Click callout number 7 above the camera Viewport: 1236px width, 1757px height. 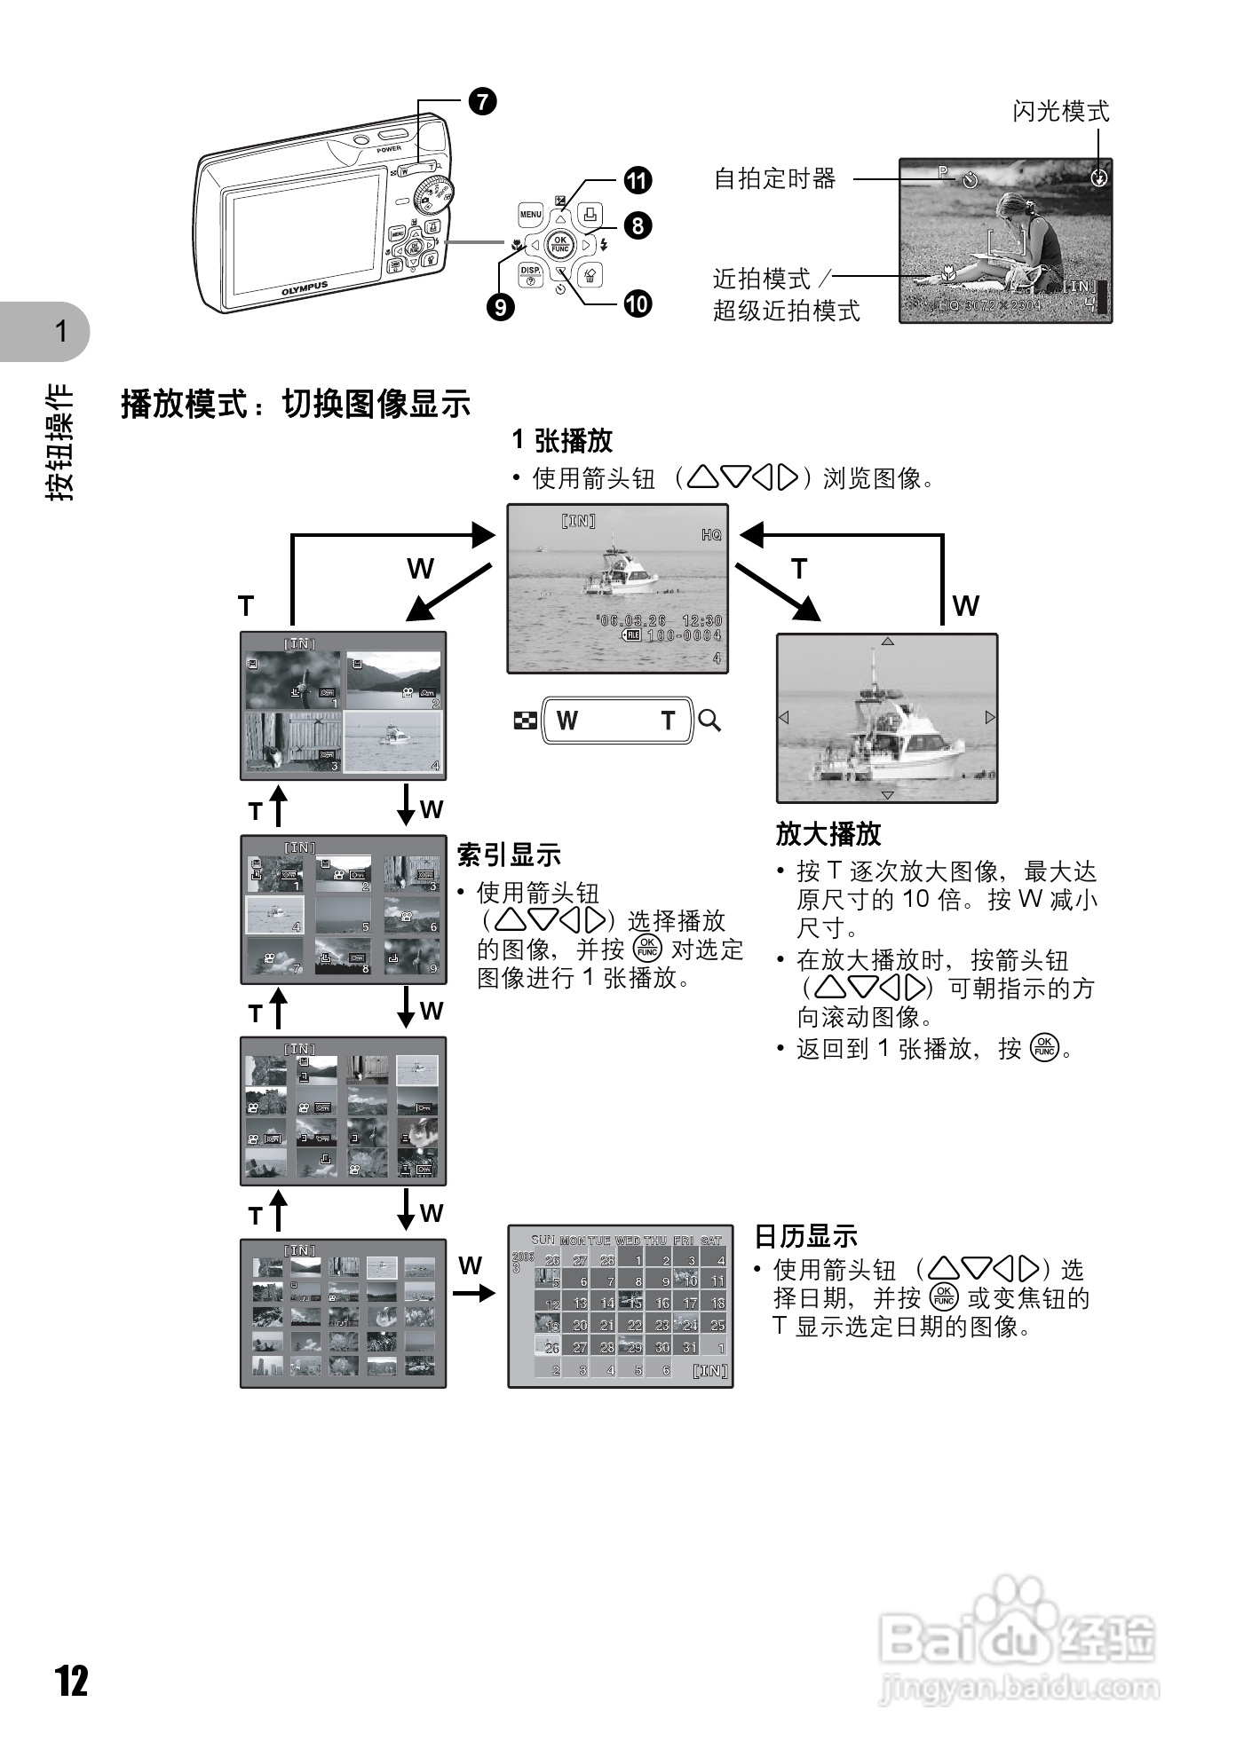(x=482, y=102)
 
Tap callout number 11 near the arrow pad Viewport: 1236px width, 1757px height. (x=638, y=180)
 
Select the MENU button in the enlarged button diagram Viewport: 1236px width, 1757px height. (x=530, y=215)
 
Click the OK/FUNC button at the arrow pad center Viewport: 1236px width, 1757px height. (x=560, y=244)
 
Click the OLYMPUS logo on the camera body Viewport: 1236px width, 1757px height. (x=305, y=289)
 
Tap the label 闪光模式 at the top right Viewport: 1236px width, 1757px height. (x=1061, y=112)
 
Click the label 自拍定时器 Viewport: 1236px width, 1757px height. (x=775, y=179)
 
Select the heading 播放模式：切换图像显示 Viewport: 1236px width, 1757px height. (x=296, y=405)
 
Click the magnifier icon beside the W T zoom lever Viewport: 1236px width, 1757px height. (x=709, y=721)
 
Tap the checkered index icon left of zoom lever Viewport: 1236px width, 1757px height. (x=525, y=721)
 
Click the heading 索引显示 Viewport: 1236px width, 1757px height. (x=509, y=855)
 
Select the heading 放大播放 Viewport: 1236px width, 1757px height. (x=828, y=834)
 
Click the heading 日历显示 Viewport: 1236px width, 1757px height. (x=805, y=1236)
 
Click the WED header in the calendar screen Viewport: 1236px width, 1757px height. (x=627, y=1241)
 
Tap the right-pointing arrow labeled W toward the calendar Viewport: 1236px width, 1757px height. (x=473, y=1293)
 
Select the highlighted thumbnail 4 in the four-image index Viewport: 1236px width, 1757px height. (x=392, y=741)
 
